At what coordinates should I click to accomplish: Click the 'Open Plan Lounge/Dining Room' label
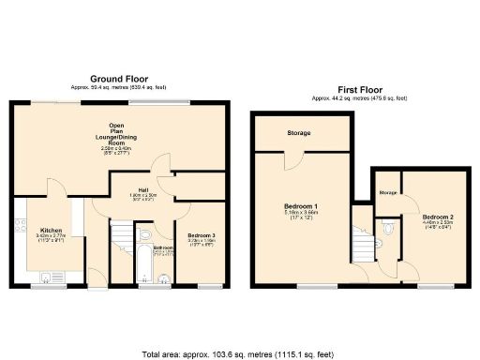(x=117, y=137)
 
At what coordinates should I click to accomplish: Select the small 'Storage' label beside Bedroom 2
(x=387, y=192)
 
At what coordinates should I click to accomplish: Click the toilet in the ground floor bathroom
(x=144, y=234)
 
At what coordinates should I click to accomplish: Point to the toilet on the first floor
(x=387, y=226)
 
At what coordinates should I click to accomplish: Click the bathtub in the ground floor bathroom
(x=144, y=267)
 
